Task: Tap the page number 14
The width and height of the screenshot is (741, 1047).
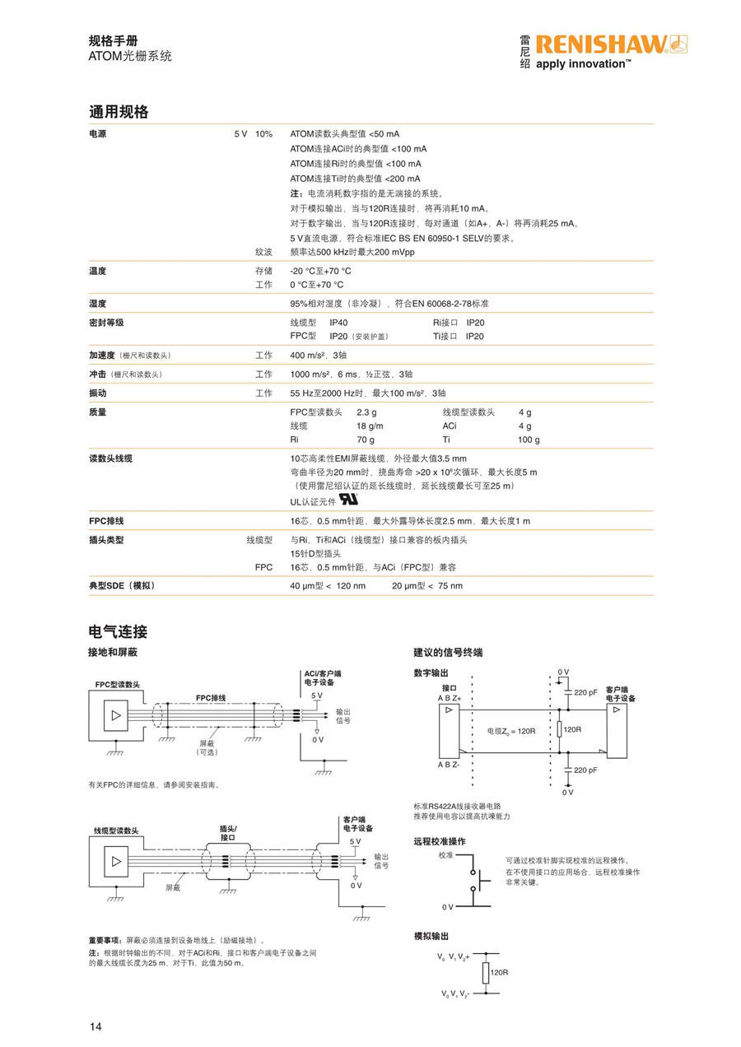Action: point(96,1026)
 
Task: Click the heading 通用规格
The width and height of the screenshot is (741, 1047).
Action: point(119,112)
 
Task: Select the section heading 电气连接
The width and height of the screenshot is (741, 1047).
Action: point(118,632)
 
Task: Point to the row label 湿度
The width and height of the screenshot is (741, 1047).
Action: point(98,304)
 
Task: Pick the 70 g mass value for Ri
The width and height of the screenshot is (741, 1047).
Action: point(365,440)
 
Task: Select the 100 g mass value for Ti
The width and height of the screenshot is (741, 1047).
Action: point(529,440)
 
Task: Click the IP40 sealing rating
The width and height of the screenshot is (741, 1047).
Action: point(338,323)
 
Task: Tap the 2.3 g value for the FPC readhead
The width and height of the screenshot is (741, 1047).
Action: point(366,412)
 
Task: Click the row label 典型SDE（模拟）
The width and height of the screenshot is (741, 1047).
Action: point(122,585)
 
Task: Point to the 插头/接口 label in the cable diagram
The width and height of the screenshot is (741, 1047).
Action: point(228,832)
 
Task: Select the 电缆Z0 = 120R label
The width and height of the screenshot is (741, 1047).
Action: point(510,730)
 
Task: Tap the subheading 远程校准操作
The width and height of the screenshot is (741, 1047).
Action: point(439,841)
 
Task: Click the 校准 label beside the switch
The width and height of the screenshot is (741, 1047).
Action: point(445,856)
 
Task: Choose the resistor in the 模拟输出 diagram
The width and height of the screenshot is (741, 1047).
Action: point(485,972)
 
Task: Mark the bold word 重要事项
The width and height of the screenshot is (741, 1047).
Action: point(105,939)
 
